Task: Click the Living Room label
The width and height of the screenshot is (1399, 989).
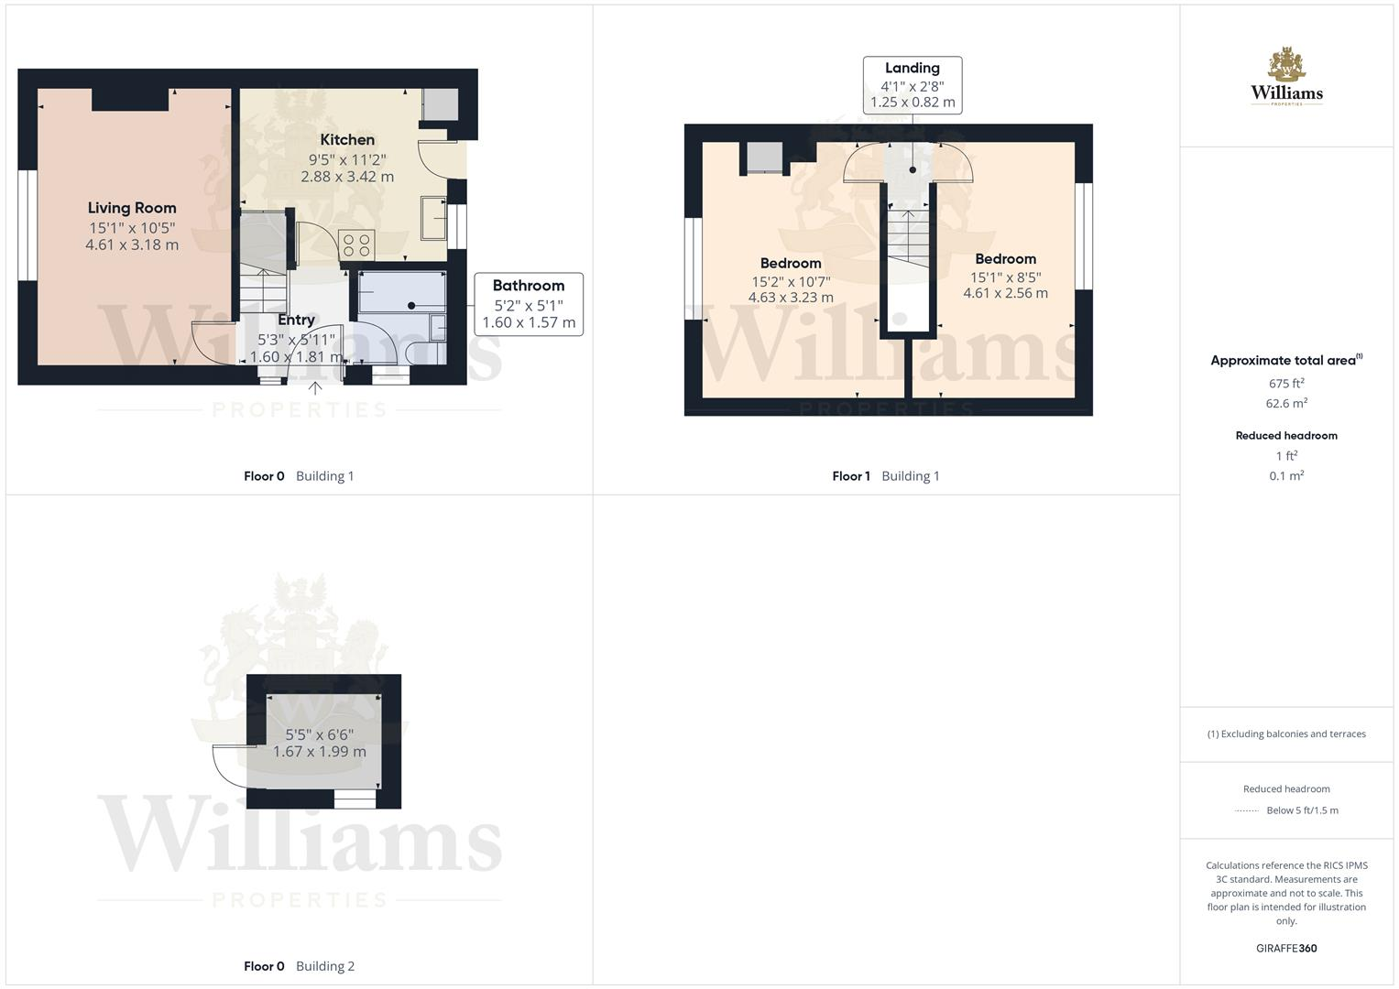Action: pos(132,208)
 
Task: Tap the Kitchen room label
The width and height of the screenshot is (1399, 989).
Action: pos(347,140)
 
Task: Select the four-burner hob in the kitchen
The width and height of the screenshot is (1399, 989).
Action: pos(355,245)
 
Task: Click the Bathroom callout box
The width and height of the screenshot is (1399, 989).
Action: pos(529,304)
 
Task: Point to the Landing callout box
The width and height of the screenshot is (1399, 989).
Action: pos(913,85)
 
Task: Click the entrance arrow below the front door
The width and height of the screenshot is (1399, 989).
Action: pos(315,388)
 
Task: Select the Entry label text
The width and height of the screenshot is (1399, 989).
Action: pos(296,320)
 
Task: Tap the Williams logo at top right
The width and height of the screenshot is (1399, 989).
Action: pos(1286,78)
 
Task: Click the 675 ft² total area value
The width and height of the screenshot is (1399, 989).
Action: pos(1286,384)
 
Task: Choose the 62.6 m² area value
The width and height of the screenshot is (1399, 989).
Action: pos(1286,404)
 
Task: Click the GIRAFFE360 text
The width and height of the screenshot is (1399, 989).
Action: pos(1286,949)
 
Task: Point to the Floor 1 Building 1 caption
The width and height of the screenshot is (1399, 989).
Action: pos(885,476)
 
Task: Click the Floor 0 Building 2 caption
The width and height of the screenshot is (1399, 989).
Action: pos(299,966)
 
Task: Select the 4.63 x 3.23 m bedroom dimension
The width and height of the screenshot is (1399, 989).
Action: pos(791,298)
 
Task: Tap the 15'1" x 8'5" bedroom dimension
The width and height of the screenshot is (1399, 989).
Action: pos(1005,277)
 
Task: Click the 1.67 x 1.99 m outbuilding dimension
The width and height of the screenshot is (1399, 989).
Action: pos(320,752)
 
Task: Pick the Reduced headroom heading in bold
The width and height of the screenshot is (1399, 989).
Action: pos(1286,436)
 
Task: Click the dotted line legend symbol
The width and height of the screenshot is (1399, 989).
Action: pos(1246,810)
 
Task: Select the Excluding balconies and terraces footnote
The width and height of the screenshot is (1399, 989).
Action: pos(1286,734)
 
